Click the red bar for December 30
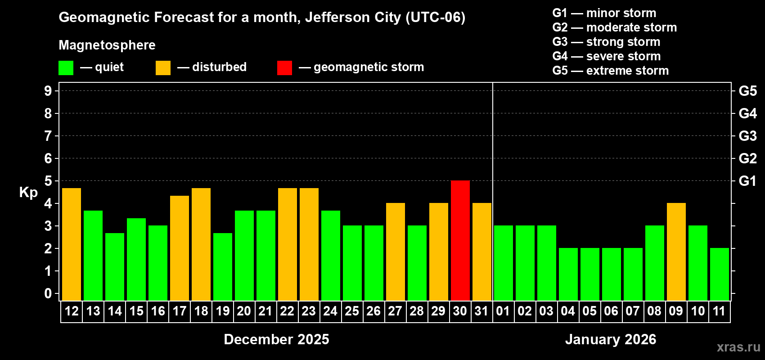click(x=460, y=241)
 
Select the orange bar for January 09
click(x=676, y=252)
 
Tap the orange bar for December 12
click(x=71, y=244)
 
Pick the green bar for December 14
click(x=114, y=267)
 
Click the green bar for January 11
click(x=719, y=274)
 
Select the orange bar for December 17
click(x=179, y=248)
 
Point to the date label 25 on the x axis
click(x=352, y=311)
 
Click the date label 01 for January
click(x=503, y=311)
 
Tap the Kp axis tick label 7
click(x=48, y=136)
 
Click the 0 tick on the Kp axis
click(x=48, y=293)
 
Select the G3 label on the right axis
click(x=747, y=136)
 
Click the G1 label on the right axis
click(x=747, y=181)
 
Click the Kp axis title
click(x=28, y=193)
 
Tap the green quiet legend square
click(x=66, y=68)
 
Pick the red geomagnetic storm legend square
click(x=284, y=68)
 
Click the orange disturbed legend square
click(x=163, y=68)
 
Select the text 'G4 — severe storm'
click(x=606, y=56)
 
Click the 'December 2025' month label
click(x=276, y=339)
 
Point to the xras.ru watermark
click(x=738, y=347)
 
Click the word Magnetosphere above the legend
click(x=107, y=45)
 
